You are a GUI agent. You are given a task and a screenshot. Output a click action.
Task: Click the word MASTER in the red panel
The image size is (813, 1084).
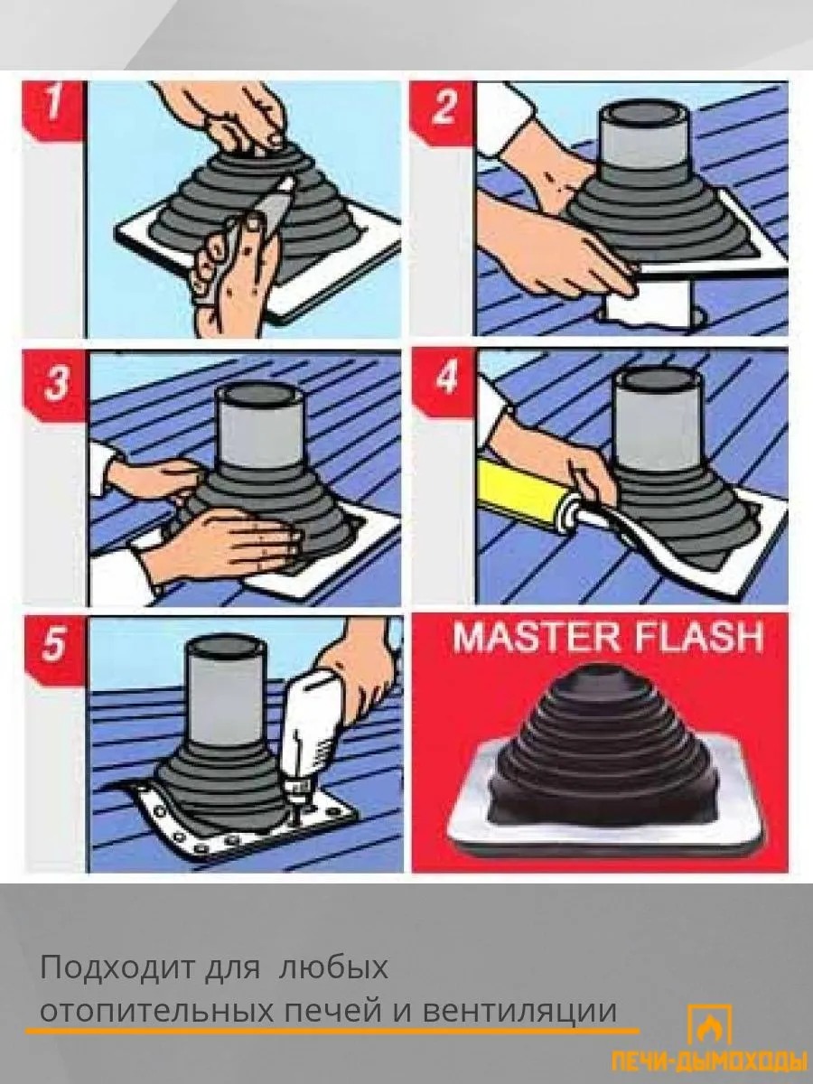point(536,638)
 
